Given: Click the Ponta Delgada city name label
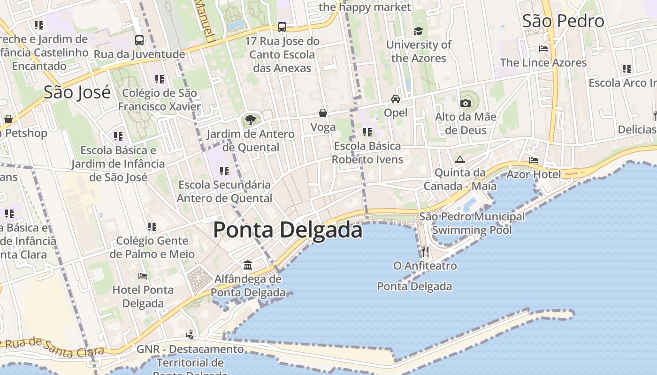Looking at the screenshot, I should click(288, 230).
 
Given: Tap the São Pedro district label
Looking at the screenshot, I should click(563, 21).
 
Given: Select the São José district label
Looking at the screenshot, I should click(77, 92).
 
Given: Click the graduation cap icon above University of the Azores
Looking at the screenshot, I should click(418, 31).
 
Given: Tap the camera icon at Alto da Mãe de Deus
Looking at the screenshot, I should click(466, 103).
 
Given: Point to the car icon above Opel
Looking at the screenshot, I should click(396, 99).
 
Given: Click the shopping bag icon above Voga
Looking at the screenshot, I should click(323, 113).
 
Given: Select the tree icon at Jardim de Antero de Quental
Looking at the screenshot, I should click(251, 120).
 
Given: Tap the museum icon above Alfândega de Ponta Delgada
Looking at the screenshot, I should click(248, 266).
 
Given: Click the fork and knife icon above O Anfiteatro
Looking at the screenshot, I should click(425, 252).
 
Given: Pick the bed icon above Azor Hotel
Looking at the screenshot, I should click(534, 160).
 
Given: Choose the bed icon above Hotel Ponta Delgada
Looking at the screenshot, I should click(143, 276).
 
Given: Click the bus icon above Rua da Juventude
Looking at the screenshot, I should click(139, 40).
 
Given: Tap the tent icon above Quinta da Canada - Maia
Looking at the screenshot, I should click(460, 159).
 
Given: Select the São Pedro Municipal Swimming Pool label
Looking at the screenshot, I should click(472, 223).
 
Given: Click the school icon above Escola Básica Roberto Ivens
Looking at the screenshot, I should click(367, 132).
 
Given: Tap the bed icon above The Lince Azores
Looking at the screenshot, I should click(543, 49).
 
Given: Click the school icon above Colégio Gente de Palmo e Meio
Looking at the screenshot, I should click(152, 227).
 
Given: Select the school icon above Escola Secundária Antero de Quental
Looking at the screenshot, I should click(224, 171).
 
